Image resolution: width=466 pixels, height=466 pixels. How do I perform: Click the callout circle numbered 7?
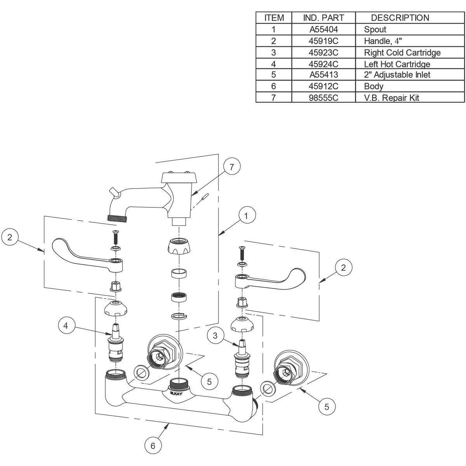232,167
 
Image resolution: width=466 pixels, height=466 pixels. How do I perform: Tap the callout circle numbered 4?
66,326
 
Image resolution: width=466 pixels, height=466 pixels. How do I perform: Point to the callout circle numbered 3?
215,335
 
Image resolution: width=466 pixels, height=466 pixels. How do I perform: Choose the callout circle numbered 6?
153,445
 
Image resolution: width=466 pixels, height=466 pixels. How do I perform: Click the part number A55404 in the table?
323,29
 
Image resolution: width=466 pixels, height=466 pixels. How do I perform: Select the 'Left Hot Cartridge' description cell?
397,64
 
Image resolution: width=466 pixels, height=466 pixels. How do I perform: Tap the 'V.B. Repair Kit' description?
391,97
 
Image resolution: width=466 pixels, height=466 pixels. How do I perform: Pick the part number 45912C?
323,86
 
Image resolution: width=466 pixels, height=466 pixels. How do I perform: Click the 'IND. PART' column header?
323,18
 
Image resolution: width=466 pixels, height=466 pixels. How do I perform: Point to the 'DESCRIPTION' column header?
400,18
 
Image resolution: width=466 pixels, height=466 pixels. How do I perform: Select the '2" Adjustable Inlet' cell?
397,75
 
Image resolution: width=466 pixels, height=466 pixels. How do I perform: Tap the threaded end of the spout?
116,218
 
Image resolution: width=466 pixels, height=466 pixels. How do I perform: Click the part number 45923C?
323,52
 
